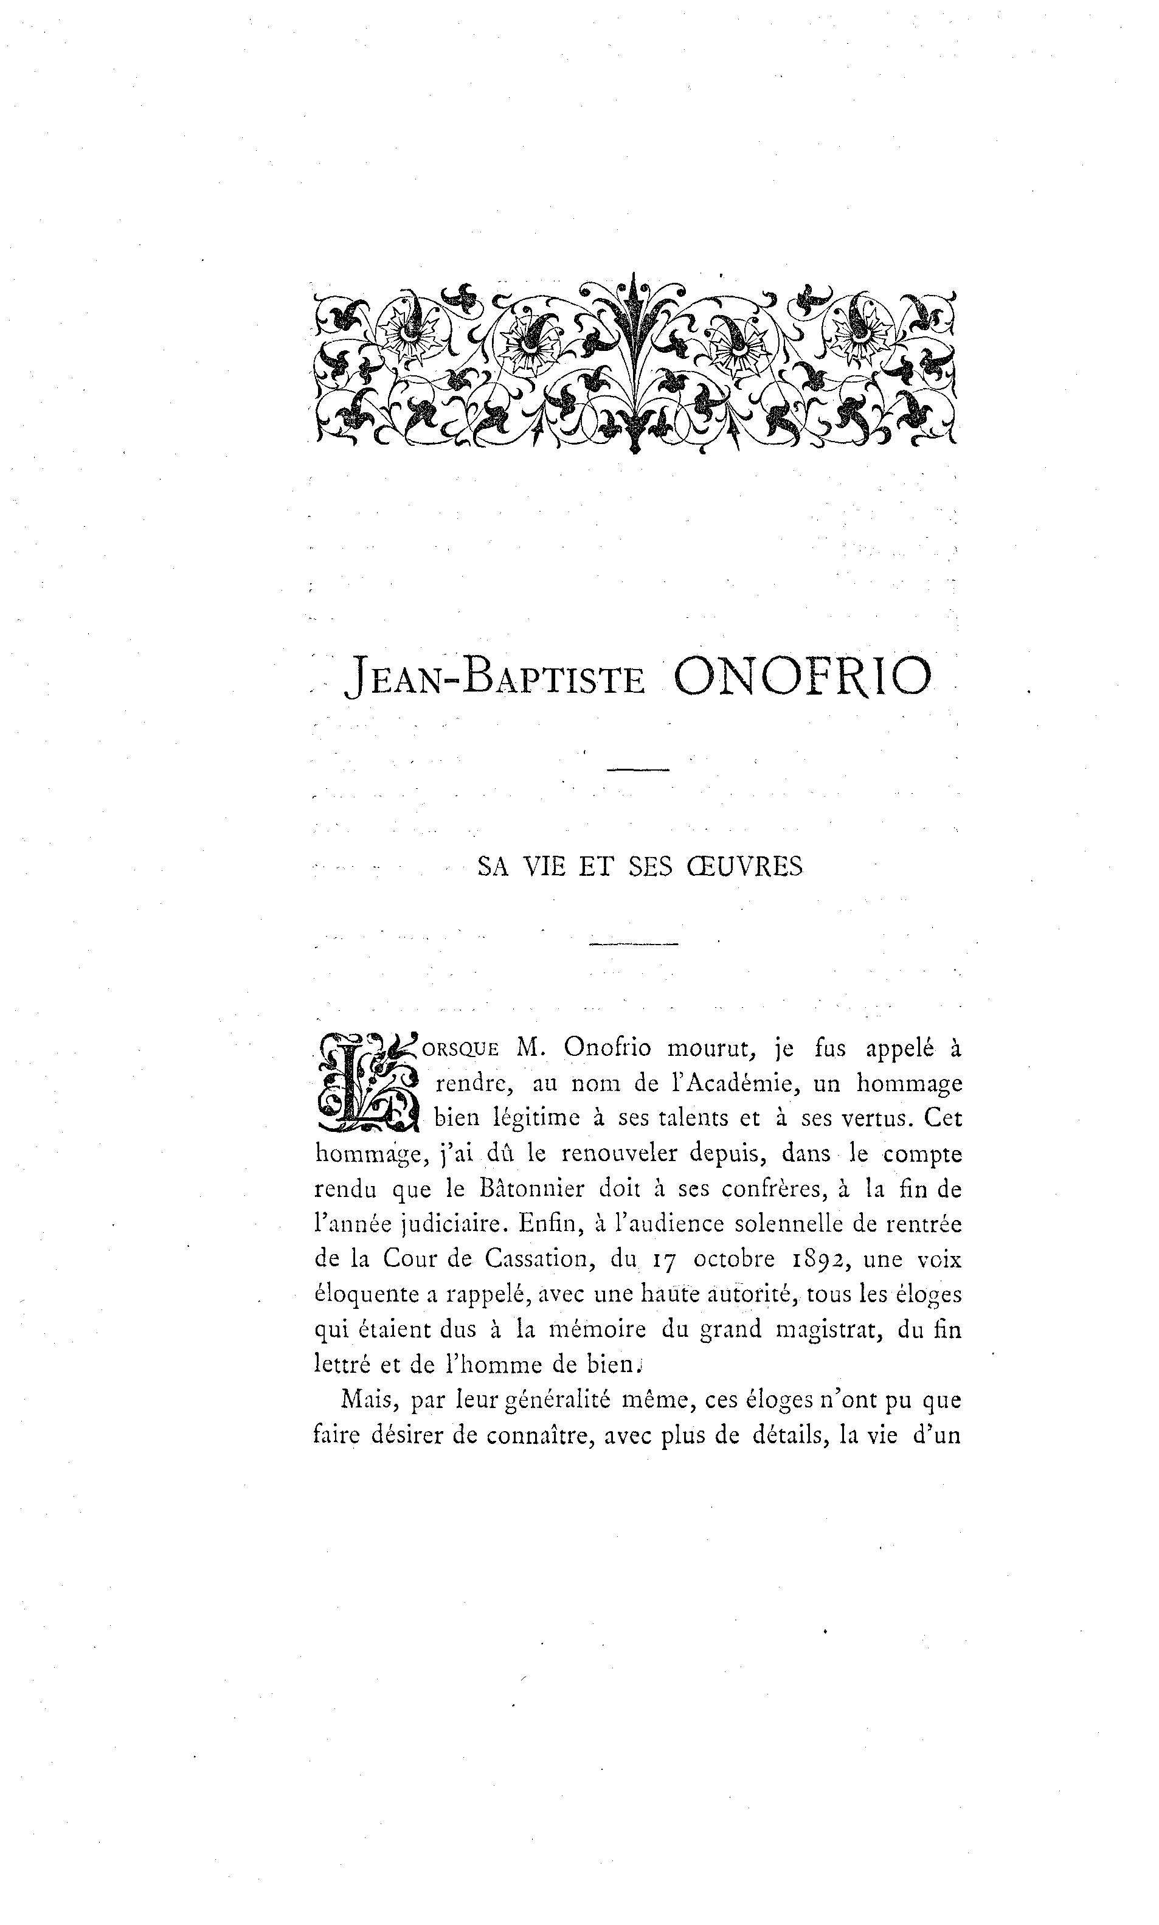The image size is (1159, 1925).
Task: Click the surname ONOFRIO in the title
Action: [802, 676]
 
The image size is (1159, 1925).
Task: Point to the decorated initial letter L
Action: [366, 1083]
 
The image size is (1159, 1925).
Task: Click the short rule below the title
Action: [638, 771]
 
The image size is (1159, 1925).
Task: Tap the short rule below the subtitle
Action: [634, 945]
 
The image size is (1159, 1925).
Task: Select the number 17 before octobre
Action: [662, 1260]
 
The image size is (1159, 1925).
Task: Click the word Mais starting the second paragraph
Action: [366, 1400]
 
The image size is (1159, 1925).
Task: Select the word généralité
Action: [558, 1401]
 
